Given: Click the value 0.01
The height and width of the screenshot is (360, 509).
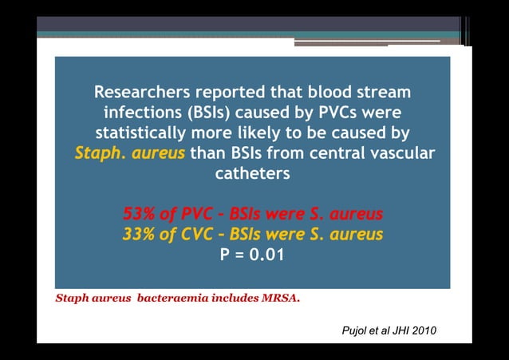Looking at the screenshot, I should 266,255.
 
